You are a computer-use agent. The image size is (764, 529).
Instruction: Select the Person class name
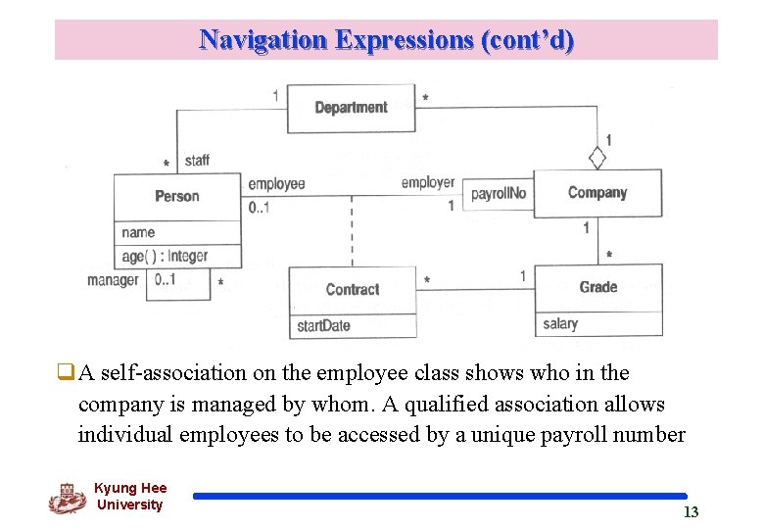point(177,196)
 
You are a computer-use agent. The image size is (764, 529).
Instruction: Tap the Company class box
point(597,193)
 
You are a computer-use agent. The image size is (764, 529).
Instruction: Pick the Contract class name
point(353,290)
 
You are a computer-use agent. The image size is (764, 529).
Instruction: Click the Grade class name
point(598,287)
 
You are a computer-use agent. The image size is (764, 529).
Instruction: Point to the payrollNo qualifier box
point(499,194)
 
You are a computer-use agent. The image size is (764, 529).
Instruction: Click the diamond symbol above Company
point(597,157)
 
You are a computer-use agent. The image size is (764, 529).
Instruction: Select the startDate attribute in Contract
point(323,326)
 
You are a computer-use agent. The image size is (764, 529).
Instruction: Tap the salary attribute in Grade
point(560,324)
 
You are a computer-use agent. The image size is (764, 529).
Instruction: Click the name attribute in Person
point(138,232)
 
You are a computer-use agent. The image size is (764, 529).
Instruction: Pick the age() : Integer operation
point(166,256)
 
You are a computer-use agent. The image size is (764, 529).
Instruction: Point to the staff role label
point(196,160)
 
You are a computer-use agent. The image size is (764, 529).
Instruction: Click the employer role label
point(428,182)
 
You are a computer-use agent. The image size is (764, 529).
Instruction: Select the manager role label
point(113,280)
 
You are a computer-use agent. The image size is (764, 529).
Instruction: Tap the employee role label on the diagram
point(276,183)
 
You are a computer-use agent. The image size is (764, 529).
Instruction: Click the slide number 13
point(691,512)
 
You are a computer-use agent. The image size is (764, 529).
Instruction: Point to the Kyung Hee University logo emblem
point(67,498)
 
